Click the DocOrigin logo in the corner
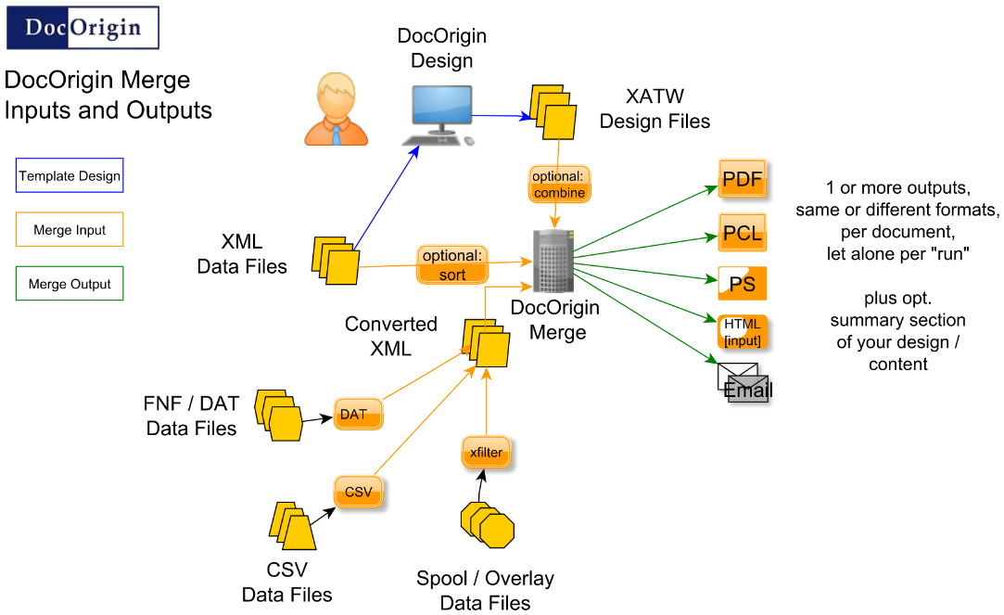coord(83,28)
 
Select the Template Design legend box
coord(70,175)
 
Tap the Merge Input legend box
coord(70,230)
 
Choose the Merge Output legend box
coord(70,285)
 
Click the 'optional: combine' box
coord(559,184)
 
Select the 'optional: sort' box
coord(452,264)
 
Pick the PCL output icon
coord(743,232)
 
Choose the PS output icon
coord(743,284)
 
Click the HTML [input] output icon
coord(743,332)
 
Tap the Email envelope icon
coord(743,381)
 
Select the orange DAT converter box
coord(358,415)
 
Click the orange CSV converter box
coord(358,492)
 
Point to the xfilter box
coord(486,453)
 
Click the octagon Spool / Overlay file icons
coord(487,526)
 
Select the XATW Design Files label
coord(655,109)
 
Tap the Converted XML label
coord(390,336)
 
